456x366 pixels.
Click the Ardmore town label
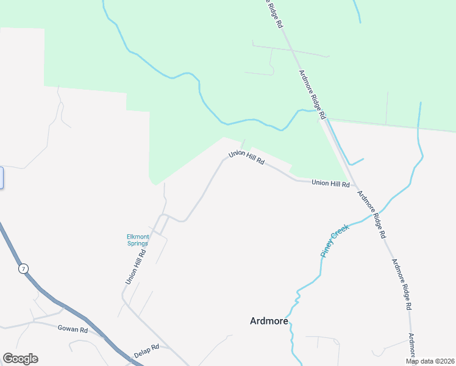click(269, 321)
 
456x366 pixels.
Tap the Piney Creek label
click(334, 241)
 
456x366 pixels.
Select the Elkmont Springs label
click(137, 240)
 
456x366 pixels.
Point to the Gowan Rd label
click(73, 329)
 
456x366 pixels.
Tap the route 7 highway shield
click(23, 269)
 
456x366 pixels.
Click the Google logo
click(20, 359)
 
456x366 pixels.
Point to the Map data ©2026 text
click(430, 361)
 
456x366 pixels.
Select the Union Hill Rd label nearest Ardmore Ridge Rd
click(330, 183)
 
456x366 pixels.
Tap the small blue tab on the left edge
click(1, 178)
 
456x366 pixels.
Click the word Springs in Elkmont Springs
click(137, 243)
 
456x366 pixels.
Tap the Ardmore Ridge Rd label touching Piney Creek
click(372, 214)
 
